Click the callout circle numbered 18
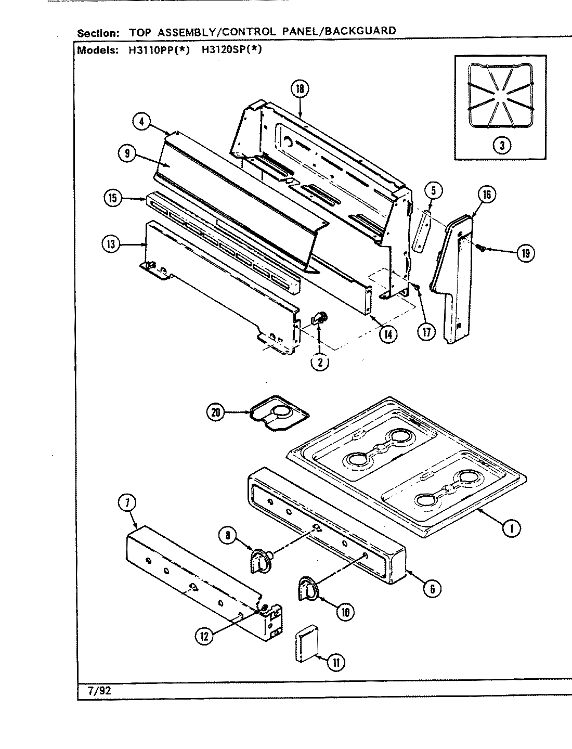[x=300, y=89]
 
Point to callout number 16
[x=486, y=195]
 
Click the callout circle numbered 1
[x=511, y=528]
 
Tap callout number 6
[x=432, y=588]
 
